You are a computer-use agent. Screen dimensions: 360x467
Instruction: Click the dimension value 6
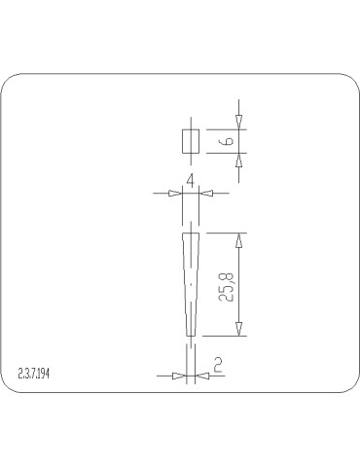coord(229,141)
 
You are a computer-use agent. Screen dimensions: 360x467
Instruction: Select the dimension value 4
coord(191,180)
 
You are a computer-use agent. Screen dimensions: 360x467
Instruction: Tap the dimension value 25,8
coord(226,287)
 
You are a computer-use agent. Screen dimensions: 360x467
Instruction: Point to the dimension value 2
coord(218,364)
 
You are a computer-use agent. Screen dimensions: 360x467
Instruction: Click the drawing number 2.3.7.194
coord(34,374)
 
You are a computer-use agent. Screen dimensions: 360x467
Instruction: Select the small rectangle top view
coord(191,141)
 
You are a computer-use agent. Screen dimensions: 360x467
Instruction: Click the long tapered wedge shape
coord(191,284)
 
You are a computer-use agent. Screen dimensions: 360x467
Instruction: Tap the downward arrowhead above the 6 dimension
coord(238,123)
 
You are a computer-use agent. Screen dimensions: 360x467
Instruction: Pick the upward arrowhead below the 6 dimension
coord(238,161)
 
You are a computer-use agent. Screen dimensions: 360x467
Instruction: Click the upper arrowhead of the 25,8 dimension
coord(238,240)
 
